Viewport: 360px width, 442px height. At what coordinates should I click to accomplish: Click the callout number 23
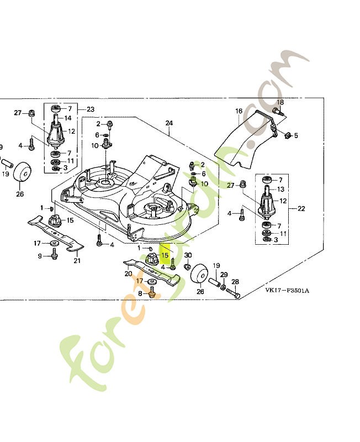pos(91,109)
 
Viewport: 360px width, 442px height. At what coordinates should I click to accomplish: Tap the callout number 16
pos(239,111)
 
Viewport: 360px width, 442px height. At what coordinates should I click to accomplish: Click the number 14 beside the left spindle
pos(68,118)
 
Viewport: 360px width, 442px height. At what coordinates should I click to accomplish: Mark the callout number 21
pos(77,261)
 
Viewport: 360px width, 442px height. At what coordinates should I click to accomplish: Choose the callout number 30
pos(187,255)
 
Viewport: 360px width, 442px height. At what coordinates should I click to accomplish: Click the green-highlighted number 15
pos(165,256)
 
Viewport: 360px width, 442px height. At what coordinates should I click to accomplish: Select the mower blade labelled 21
pos(55,233)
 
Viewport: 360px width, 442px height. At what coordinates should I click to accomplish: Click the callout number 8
pos(139,293)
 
